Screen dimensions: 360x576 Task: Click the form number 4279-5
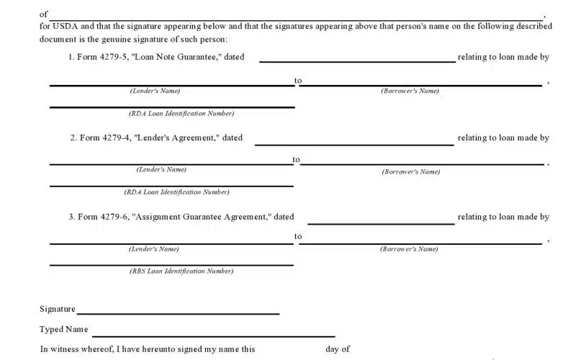(113, 58)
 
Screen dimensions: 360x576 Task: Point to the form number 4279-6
(114, 217)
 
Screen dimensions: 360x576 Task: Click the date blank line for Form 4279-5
(356, 61)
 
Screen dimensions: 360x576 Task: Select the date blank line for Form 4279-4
(354, 144)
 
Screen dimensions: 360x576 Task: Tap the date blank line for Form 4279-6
(381, 223)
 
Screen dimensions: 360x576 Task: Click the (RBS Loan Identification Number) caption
(181, 271)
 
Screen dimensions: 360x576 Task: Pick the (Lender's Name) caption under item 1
(155, 91)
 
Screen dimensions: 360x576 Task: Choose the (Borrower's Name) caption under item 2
(410, 171)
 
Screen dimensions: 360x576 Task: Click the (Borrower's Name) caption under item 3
(409, 249)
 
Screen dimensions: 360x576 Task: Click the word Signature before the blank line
(58, 309)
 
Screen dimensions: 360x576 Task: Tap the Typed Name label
(64, 330)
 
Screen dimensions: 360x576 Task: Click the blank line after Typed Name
(213, 336)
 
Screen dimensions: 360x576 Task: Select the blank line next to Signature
(178, 314)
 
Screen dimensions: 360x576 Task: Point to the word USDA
(66, 27)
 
